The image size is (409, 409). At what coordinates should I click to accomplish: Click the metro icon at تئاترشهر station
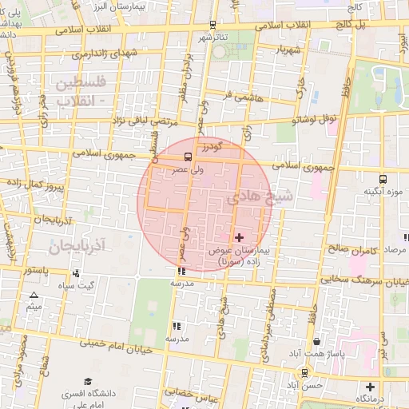(x=212, y=25)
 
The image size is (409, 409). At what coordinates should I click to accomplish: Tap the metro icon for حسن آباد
(x=304, y=372)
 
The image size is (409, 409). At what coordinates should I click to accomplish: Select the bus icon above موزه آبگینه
(x=383, y=179)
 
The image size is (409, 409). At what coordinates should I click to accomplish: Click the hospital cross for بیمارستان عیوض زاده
(x=239, y=237)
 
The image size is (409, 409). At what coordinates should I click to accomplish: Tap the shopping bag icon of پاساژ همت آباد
(x=317, y=341)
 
